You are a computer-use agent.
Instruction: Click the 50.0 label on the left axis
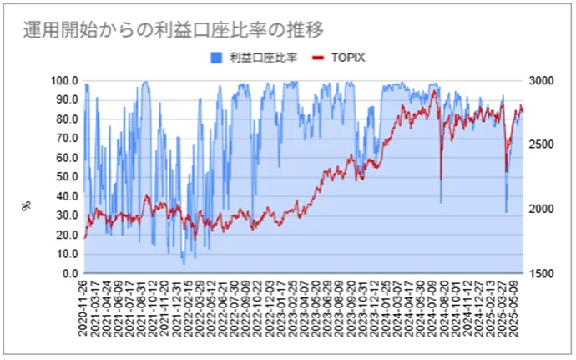66,177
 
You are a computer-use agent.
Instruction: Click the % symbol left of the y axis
26,203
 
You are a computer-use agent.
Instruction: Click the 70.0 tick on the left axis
66,139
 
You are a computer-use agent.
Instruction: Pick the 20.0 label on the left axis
66,235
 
